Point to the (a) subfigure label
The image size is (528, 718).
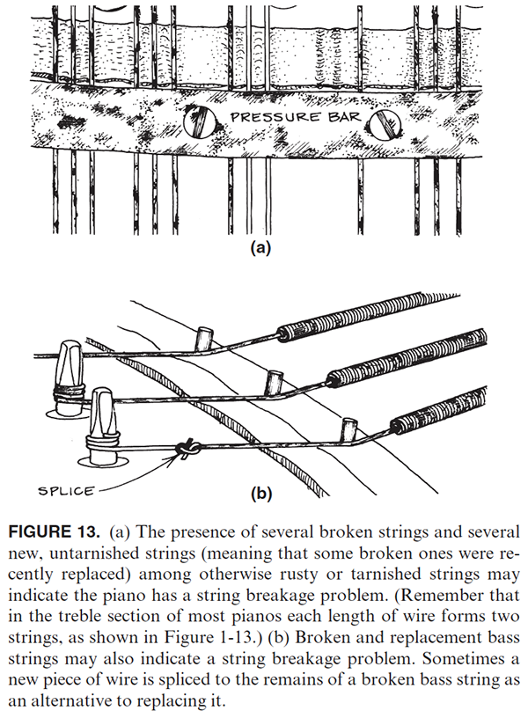pos(260,248)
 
